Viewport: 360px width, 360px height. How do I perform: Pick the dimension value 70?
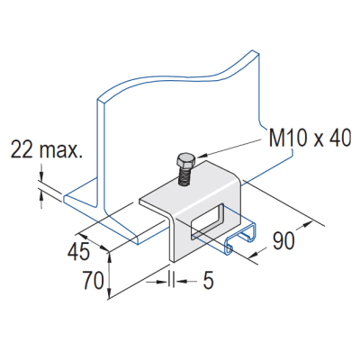[90, 281]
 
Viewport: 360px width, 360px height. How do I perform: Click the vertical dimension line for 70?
[110, 274]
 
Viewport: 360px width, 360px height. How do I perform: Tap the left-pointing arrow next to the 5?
[184, 282]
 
